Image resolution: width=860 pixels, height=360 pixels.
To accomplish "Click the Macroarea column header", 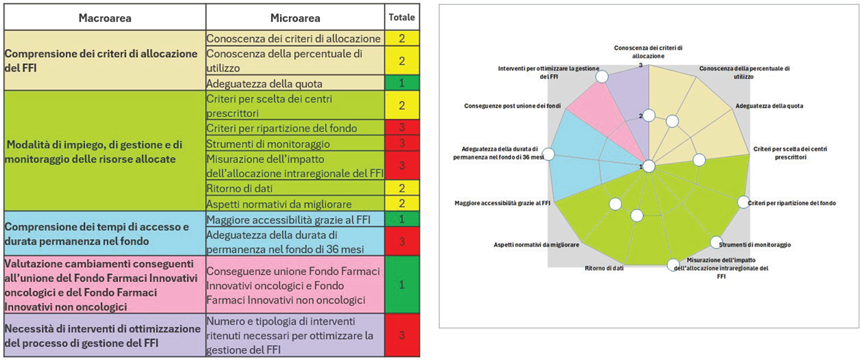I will [x=104, y=18].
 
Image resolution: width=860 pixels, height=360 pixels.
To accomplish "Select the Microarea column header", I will [x=295, y=18].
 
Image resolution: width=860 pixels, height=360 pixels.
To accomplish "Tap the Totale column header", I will [x=402, y=18].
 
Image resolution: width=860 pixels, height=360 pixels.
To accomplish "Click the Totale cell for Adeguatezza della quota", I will [x=402, y=83].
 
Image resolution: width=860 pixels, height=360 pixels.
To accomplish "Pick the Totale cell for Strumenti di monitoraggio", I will [x=402, y=144].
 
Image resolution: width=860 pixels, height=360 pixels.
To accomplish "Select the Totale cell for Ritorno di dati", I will [x=402, y=189].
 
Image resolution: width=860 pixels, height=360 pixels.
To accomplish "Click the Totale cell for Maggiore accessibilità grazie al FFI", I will [x=402, y=219].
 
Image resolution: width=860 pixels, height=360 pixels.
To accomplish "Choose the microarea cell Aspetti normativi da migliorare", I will [x=279, y=203].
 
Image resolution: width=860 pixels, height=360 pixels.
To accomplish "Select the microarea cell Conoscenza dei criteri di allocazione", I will [x=294, y=38].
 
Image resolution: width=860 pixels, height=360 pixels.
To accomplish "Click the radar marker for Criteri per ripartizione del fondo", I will [x=743, y=202].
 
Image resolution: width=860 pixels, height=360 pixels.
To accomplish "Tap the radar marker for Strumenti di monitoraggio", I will [x=716, y=242].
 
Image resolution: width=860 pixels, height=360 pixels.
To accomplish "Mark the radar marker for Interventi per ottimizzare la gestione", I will [x=602, y=76].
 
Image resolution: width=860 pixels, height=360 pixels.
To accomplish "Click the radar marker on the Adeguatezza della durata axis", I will [x=550, y=154].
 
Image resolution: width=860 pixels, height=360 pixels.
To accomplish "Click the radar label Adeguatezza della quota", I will [x=769, y=106].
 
